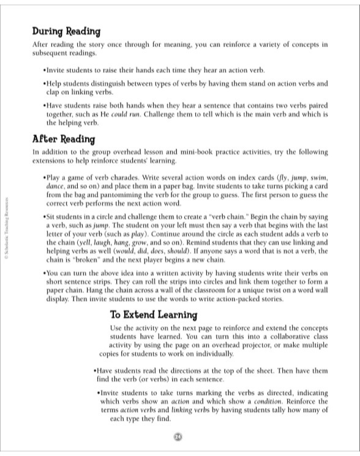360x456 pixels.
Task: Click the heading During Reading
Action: (66, 31)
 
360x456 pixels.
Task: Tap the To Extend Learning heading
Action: (153, 315)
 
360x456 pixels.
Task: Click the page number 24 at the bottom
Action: (178, 436)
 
